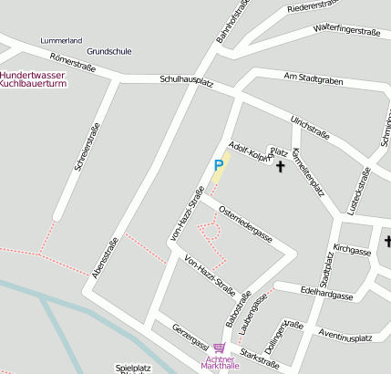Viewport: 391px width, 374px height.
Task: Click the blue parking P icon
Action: click(x=218, y=165)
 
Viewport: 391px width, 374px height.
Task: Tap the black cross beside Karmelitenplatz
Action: click(x=280, y=167)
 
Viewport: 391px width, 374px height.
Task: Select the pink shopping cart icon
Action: click(x=218, y=348)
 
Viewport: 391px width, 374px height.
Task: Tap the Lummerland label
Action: click(x=61, y=41)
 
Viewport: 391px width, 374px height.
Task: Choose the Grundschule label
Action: click(x=108, y=52)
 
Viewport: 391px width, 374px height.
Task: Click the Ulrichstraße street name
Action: click(x=309, y=127)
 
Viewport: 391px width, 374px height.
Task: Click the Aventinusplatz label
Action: click(x=345, y=338)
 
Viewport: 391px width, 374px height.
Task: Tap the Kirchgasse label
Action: click(x=352, y=249)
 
